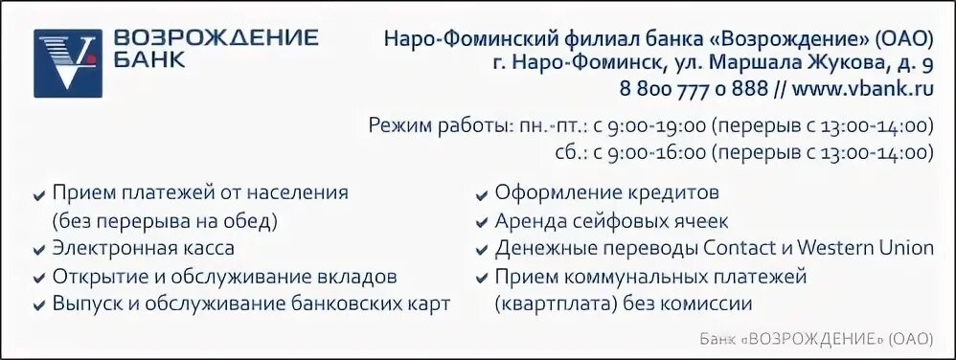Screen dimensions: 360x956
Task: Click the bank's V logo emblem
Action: (67, 63)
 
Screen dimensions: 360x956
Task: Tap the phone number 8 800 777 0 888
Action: (691, 89)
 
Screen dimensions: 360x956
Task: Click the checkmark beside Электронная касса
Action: (39, 250)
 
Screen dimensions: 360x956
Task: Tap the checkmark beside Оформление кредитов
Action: (482, 194)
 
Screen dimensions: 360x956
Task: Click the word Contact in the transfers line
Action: (740, 248)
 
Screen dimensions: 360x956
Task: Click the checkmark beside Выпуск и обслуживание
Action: (39, 305)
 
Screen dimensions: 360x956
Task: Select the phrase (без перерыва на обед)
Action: (165, 221)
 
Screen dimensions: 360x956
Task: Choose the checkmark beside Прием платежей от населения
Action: (39, 194)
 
